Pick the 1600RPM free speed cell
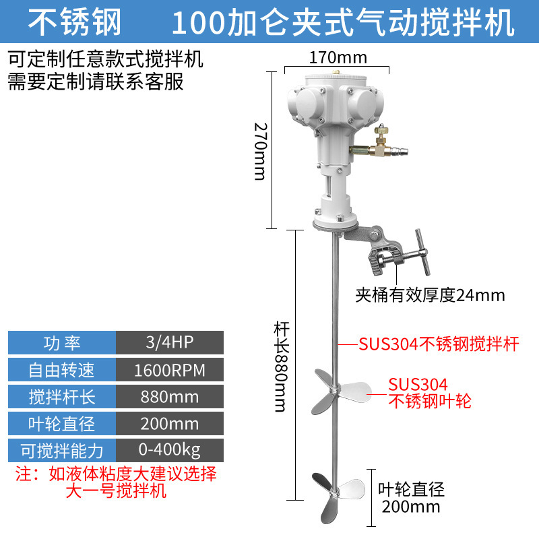coord(169,370)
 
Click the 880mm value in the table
coord(169,397)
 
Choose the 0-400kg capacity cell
coord(169,450)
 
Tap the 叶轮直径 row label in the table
coord(62,424)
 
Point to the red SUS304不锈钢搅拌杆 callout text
coord(438,344)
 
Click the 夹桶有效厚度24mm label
coord(431,294)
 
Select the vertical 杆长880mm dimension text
coord(280,367)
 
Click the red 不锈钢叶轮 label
coord(430,402)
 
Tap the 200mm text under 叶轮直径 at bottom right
coord(410,507)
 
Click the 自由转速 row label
coord(62,370)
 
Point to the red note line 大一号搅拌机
coord(115,491)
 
